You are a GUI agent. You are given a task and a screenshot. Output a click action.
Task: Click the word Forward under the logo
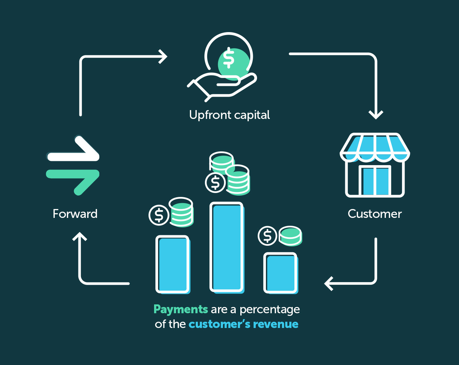point(75,214)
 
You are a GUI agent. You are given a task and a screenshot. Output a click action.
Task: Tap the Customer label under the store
point(375,214)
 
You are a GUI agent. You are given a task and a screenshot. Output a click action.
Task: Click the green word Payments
point(181,309)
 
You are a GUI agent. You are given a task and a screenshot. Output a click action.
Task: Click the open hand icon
point(222,86)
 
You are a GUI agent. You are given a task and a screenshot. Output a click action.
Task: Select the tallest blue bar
point(227,247)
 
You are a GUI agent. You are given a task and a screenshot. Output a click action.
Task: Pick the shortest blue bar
point(281,272)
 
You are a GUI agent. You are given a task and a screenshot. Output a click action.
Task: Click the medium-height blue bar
point(172,264)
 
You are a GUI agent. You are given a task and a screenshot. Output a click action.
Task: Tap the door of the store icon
point(375,181)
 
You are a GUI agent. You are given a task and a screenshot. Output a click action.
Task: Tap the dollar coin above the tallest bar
point(215,183)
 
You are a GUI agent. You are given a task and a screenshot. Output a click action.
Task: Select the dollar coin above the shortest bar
point(268,236)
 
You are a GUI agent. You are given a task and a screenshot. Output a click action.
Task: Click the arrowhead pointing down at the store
point(376,114)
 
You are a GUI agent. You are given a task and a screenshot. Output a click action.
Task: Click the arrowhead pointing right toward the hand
point(163,57)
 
